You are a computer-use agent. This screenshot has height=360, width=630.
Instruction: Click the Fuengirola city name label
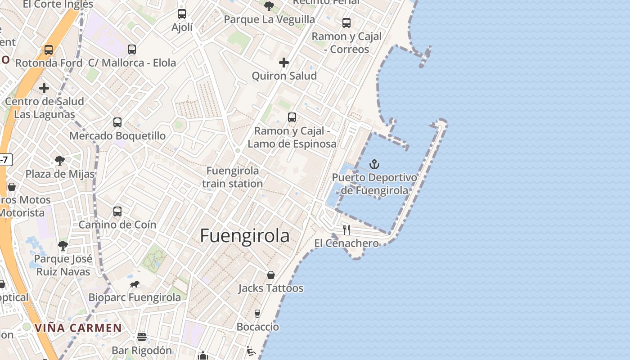pyautogui.click(x=245, y=236)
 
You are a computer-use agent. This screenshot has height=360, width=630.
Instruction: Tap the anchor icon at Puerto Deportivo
pyautogui.click(x=374, y=164)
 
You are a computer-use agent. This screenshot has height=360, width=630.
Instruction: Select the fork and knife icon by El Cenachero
pyautogui.click(x=346, y=230)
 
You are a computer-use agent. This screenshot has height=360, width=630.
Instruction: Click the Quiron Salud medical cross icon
pyautogui.click(x=284, y=63)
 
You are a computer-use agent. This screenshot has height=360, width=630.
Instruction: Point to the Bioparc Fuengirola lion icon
pyautogui.click(x=135, y=284)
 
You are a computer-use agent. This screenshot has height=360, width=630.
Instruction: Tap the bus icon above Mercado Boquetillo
pyautogui.click(x=117, y=122)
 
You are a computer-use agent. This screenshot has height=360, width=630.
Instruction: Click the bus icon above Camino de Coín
pyautogui.click(x=117, y=211)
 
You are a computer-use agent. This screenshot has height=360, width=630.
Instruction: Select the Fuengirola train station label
pyautogui.click(x=232, y=177)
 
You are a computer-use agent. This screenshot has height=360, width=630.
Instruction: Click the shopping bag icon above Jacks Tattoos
pyautogui.click(x=271, y=274)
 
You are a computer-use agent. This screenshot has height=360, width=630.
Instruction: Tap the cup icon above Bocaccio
pyautogui.click(x=257, y=313)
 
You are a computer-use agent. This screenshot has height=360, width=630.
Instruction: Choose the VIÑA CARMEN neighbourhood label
pyautogui.click(x=78, y=328)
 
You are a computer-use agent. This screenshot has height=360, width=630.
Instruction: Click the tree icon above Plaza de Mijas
pyautogui.click(x=59, y=160)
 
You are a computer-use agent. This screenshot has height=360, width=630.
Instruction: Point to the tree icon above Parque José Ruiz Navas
pyautogui.click(x=63, y=246)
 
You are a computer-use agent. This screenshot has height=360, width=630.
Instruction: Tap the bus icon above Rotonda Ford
pyautogui.click(x=49, y=49)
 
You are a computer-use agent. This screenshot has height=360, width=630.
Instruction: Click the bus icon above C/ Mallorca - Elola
pyautogui.click(x=132, y=49)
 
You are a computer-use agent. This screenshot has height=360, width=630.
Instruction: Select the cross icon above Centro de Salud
pyautogui.click(x=44, y=88)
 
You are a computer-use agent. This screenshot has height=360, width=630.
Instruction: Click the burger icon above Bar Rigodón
pyautogui.click(x=142, y=337)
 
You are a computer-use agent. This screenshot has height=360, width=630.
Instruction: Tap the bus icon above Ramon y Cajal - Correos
pyautogui.click(x=346, y=23)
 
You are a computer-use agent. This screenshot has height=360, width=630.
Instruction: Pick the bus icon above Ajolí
pyautogui.click(x=182, y=14)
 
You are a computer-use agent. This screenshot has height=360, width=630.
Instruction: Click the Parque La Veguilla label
pyautogui.click(x=269, y=19)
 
